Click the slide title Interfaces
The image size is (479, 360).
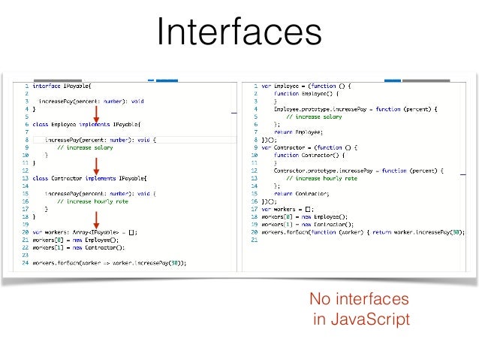(239, 33)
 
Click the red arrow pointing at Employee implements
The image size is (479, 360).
(96, 113)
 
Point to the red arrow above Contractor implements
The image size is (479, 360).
(96, 166)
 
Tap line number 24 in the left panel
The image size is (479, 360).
(25, 263)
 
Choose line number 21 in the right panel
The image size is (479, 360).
(255, 241)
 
